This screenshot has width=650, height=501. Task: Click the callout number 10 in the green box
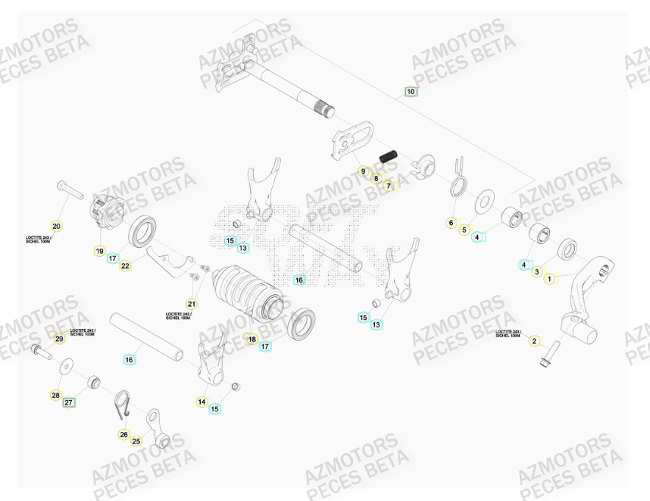410,92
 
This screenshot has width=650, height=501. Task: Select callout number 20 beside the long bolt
57,226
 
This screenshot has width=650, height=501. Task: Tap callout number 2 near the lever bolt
535,341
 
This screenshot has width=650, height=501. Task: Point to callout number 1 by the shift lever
551,279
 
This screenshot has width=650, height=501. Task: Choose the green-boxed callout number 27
68,402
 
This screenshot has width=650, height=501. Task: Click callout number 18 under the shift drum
251,339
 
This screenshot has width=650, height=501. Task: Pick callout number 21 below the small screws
192,303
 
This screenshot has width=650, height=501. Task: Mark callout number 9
362,171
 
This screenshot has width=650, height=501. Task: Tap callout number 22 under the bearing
126,266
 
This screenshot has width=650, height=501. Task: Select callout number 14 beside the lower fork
201,401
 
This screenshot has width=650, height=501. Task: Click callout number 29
60,338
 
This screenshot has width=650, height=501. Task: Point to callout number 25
136,441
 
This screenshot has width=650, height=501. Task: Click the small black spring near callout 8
388,155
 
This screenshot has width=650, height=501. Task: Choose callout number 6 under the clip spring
451,222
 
